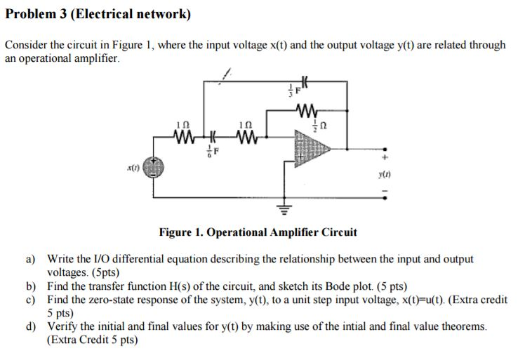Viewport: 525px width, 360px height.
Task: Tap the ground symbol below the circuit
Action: pyautogui.click(x=284, y=209)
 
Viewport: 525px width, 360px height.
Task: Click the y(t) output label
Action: pyautogui.click(x=382, y=171)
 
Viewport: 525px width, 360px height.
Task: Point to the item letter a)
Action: pyautogui.click(x=32, y=259)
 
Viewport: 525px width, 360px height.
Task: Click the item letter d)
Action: pyautogui.click(x=32, y=326)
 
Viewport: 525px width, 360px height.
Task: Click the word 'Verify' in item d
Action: pyautogui.click(x=62, y=326)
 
